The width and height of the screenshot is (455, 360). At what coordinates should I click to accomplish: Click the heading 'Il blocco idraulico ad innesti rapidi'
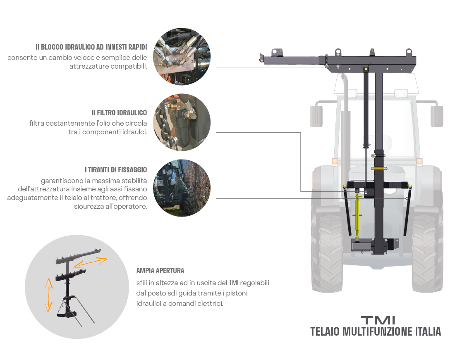(91, 47)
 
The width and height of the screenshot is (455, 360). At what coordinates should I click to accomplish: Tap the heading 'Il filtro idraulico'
(119, 112)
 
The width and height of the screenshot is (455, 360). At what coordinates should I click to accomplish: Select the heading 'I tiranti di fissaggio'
(116, 169)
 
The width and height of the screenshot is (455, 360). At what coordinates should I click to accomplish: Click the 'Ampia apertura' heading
(160, 271)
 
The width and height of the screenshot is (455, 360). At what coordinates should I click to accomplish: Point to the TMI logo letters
(378, 320)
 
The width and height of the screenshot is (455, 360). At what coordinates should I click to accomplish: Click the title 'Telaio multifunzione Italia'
(376, 331)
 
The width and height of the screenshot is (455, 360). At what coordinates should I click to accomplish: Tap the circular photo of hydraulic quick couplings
(182, 57)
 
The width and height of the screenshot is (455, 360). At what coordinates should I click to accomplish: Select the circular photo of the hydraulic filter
(182, 122)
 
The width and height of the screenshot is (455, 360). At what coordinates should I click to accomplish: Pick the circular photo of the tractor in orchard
(182, 188)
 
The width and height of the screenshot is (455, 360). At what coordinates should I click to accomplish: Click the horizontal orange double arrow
(90, 262)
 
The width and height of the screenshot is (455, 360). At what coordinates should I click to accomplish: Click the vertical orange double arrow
(49, 295)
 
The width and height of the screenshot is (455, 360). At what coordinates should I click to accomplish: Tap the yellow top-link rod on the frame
(357, 215)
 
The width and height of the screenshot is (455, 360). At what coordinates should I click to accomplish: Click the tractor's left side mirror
(316, 116)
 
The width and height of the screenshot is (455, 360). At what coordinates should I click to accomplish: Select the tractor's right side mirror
(437, 116)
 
